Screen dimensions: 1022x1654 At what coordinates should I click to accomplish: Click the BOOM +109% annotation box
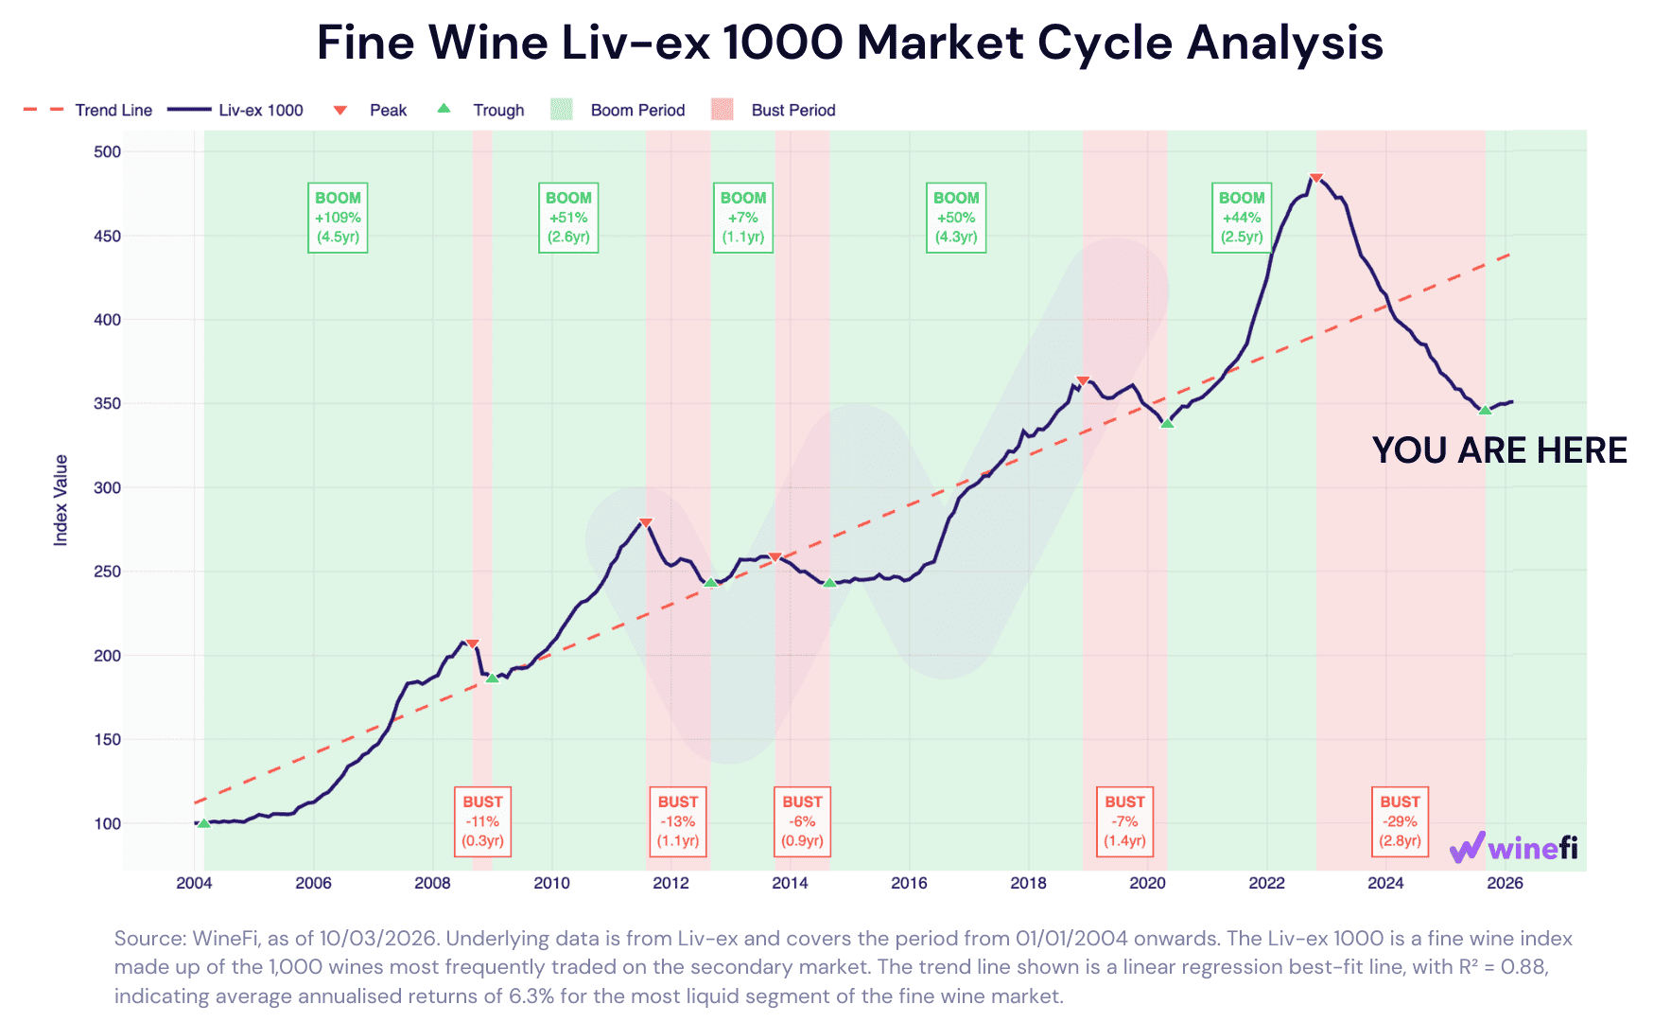338,218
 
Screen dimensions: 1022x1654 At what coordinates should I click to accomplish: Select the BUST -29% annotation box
1400,821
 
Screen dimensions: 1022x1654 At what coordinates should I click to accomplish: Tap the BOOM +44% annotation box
1241,218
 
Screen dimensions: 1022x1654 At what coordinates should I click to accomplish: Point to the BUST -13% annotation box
678,821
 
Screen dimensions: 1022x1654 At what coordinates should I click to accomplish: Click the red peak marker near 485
1315,178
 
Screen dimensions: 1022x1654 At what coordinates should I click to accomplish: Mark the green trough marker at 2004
203,823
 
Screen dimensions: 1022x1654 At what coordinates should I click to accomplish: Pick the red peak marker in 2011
646,522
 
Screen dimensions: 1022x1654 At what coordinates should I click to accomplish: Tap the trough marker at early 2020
1167,423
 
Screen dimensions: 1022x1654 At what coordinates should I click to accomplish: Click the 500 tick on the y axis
108,151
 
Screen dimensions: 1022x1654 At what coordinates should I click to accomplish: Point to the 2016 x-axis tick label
909,883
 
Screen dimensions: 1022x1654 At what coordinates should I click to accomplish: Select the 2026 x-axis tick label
1505,883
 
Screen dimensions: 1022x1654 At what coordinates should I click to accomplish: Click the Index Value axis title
61,500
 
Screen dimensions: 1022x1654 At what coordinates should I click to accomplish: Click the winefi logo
1514,847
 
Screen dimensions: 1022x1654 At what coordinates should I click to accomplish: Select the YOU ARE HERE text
1499,450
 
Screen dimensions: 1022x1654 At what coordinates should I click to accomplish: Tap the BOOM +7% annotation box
743,218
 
